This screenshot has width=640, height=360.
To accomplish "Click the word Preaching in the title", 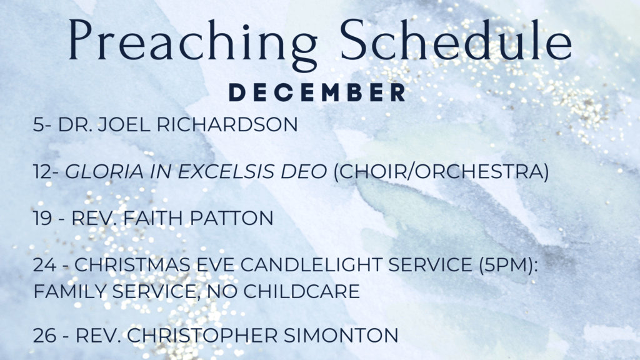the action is pyautogui.click(x=192, y=43).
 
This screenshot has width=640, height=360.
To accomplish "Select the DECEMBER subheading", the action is pyautogui.click(x=317, y=92).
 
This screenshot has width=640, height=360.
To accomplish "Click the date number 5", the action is pyautogui.click(x=38, y=124).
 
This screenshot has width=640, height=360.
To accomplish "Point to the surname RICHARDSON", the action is pyautogui.click(x=227, y=124).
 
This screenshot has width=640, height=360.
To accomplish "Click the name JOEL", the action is pyautogui.click(x=124, y=124).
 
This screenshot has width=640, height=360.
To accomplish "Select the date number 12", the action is pyautogui.click(x=43, y=171).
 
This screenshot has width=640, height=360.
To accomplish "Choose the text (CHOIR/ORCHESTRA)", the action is pyautogui.click(x=441, y=171).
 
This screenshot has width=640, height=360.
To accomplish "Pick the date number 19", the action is pyautogui.click(x=42, y=218).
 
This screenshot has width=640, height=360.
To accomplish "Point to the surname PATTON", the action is pyautogui.click(x=232, y=218).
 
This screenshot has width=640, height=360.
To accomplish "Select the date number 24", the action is pyautogui.click(x=45, y=265).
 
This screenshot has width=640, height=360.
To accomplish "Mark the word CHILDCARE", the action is pyautogui.click(x=302, y=291).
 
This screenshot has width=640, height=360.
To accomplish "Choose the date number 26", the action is pyautogui.click(x=45, y=336).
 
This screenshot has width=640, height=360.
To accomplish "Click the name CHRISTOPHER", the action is pyautogui.click(x=202, y=336).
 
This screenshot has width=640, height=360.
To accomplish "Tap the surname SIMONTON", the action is pyautogui.click(x=341, y=336).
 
